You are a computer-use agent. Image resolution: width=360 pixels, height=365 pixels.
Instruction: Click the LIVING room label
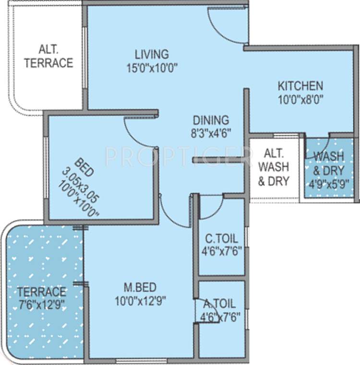[x=151, y=54]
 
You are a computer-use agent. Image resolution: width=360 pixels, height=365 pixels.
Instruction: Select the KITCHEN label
[x=300, y=86]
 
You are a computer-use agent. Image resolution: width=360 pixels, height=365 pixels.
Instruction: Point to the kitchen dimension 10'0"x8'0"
[x=300, y=100]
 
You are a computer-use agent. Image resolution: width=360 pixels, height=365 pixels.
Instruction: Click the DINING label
[x=211, y=120]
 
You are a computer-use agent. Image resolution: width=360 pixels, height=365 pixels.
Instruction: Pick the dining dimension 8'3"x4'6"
[x=211, y=134]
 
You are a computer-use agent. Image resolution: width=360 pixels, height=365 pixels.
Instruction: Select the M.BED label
[x=140, y=287]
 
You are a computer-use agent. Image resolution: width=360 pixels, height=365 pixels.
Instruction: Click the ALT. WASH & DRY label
[x=274, y=167]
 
